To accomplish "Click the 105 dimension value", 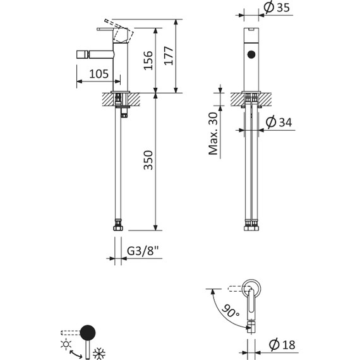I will point(97,75).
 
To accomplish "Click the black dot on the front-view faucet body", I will point(252,55).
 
